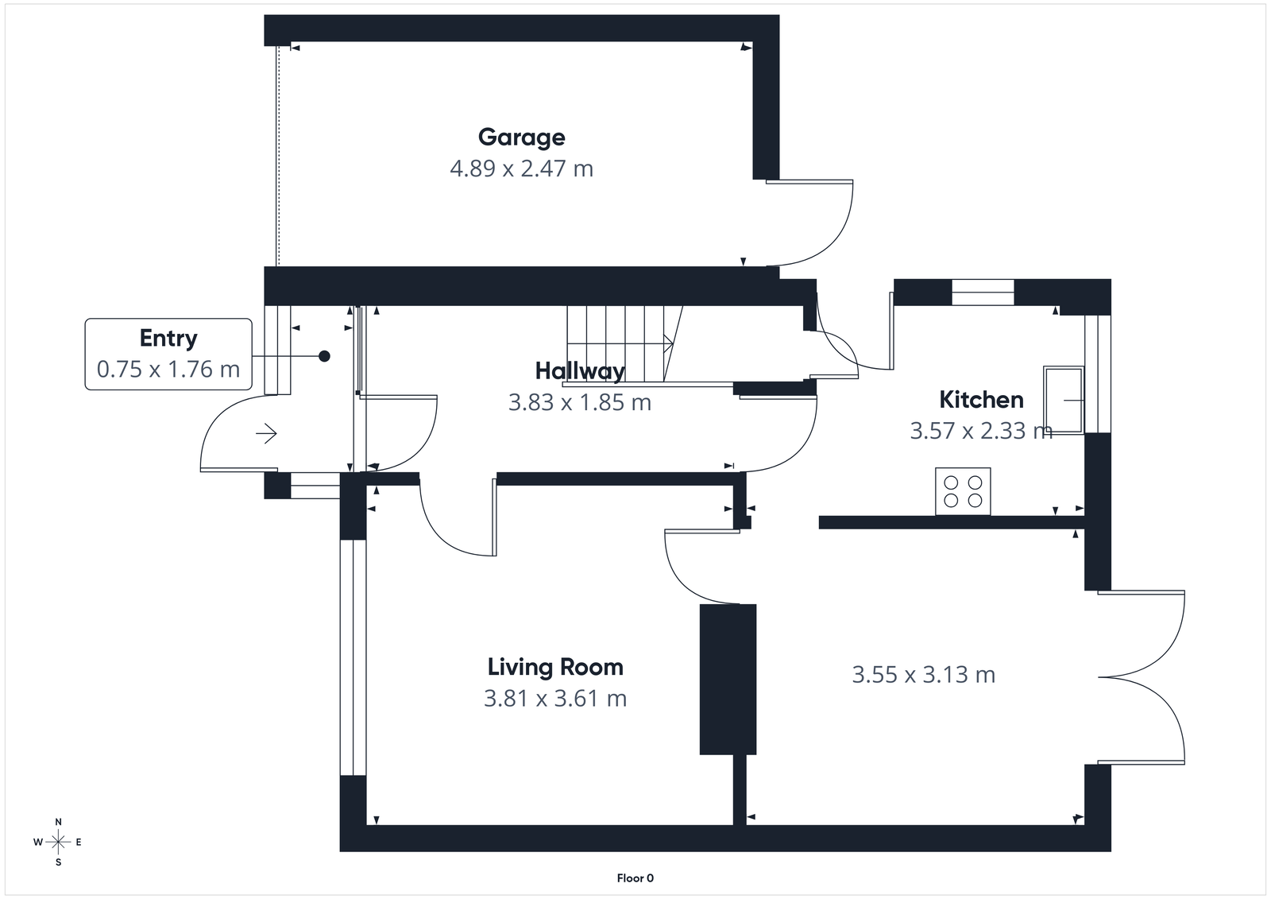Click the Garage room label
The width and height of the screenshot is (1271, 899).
pyautogui.click(x=521, y=137)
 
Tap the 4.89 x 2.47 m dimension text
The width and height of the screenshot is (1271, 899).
pyautogui.click(x=521, y=169)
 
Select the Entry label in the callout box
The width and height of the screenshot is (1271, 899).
pyautogui.click(x=168, y=338)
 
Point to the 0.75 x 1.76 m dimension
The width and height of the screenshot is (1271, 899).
pyautogui.click(x=168, y=369)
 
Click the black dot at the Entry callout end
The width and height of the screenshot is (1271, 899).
pyautogui.click(x=324, y=356)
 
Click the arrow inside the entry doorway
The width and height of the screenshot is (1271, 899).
pyautogui.click(x=266, y=434)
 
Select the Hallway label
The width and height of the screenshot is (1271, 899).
pyautogui.click(x=580, y=370)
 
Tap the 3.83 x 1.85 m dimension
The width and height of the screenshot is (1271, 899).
pyautogui.click(x=580, y=402)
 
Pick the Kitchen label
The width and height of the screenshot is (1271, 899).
pyautogui.click(x=981, y=399)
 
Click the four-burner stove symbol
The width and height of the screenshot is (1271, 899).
pyautogui.click(x=963, y=491)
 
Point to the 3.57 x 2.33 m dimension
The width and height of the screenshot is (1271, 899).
pyautogui.click(x=981, y=431)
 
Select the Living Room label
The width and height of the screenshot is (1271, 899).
pyautogui.click(x=555, y=667)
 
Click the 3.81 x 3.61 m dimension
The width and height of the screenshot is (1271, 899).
pyautogui.click(x=555, y=699)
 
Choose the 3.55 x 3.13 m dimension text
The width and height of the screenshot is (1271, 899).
pyautogui.click(x=923, y=675)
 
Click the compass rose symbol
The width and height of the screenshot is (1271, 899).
pyautogui.click(x=58, y=842)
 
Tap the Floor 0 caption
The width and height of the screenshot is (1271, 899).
pyautogui.click(x=635, y=878)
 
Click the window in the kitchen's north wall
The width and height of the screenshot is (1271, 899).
pyautogui.click(x=983, y=293)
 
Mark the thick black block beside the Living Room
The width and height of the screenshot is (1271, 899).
pyautogui.click(x=728, y=679)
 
